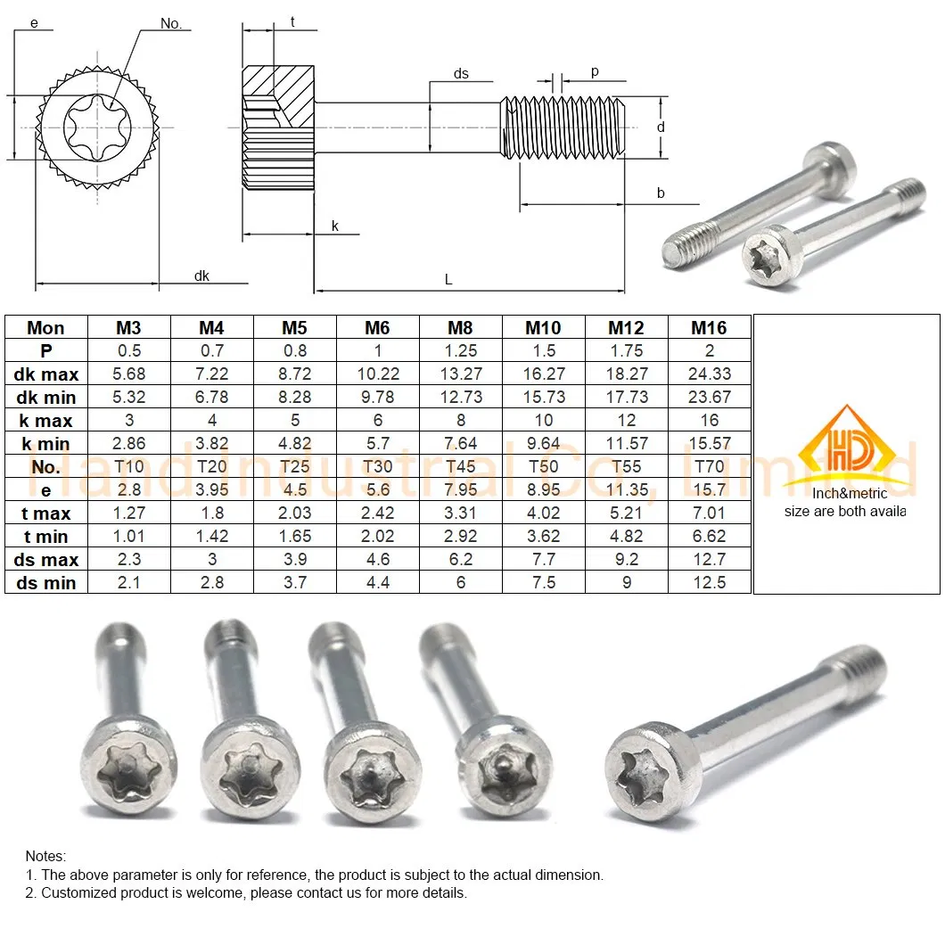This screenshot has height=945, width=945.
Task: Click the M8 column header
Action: point(460,328)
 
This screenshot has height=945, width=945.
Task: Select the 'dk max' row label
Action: point(45,374)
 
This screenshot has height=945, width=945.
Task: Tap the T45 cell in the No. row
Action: point(460,466)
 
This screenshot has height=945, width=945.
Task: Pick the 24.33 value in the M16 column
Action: point(709,374)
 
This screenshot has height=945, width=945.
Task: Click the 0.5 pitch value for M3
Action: point(128,351)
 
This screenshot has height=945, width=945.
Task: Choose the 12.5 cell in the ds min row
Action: point(709,582)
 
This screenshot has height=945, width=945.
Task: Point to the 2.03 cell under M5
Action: point(294,513)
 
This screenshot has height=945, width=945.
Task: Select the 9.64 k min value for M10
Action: point(543,443)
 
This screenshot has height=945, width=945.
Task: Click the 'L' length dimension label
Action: point(448,280)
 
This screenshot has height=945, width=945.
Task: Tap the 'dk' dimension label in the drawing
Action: point(201,276)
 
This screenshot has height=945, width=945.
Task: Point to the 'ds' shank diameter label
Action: point(461,74)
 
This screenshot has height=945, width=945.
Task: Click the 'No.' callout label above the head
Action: point(171,24)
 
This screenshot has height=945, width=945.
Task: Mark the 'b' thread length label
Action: point(661,193)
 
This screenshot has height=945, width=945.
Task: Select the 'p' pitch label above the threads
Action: point(595,72)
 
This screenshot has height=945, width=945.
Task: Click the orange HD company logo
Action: point(845,446)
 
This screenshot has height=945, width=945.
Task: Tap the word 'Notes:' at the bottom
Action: point(45,856)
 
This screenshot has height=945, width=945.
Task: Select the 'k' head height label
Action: point(335,226)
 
